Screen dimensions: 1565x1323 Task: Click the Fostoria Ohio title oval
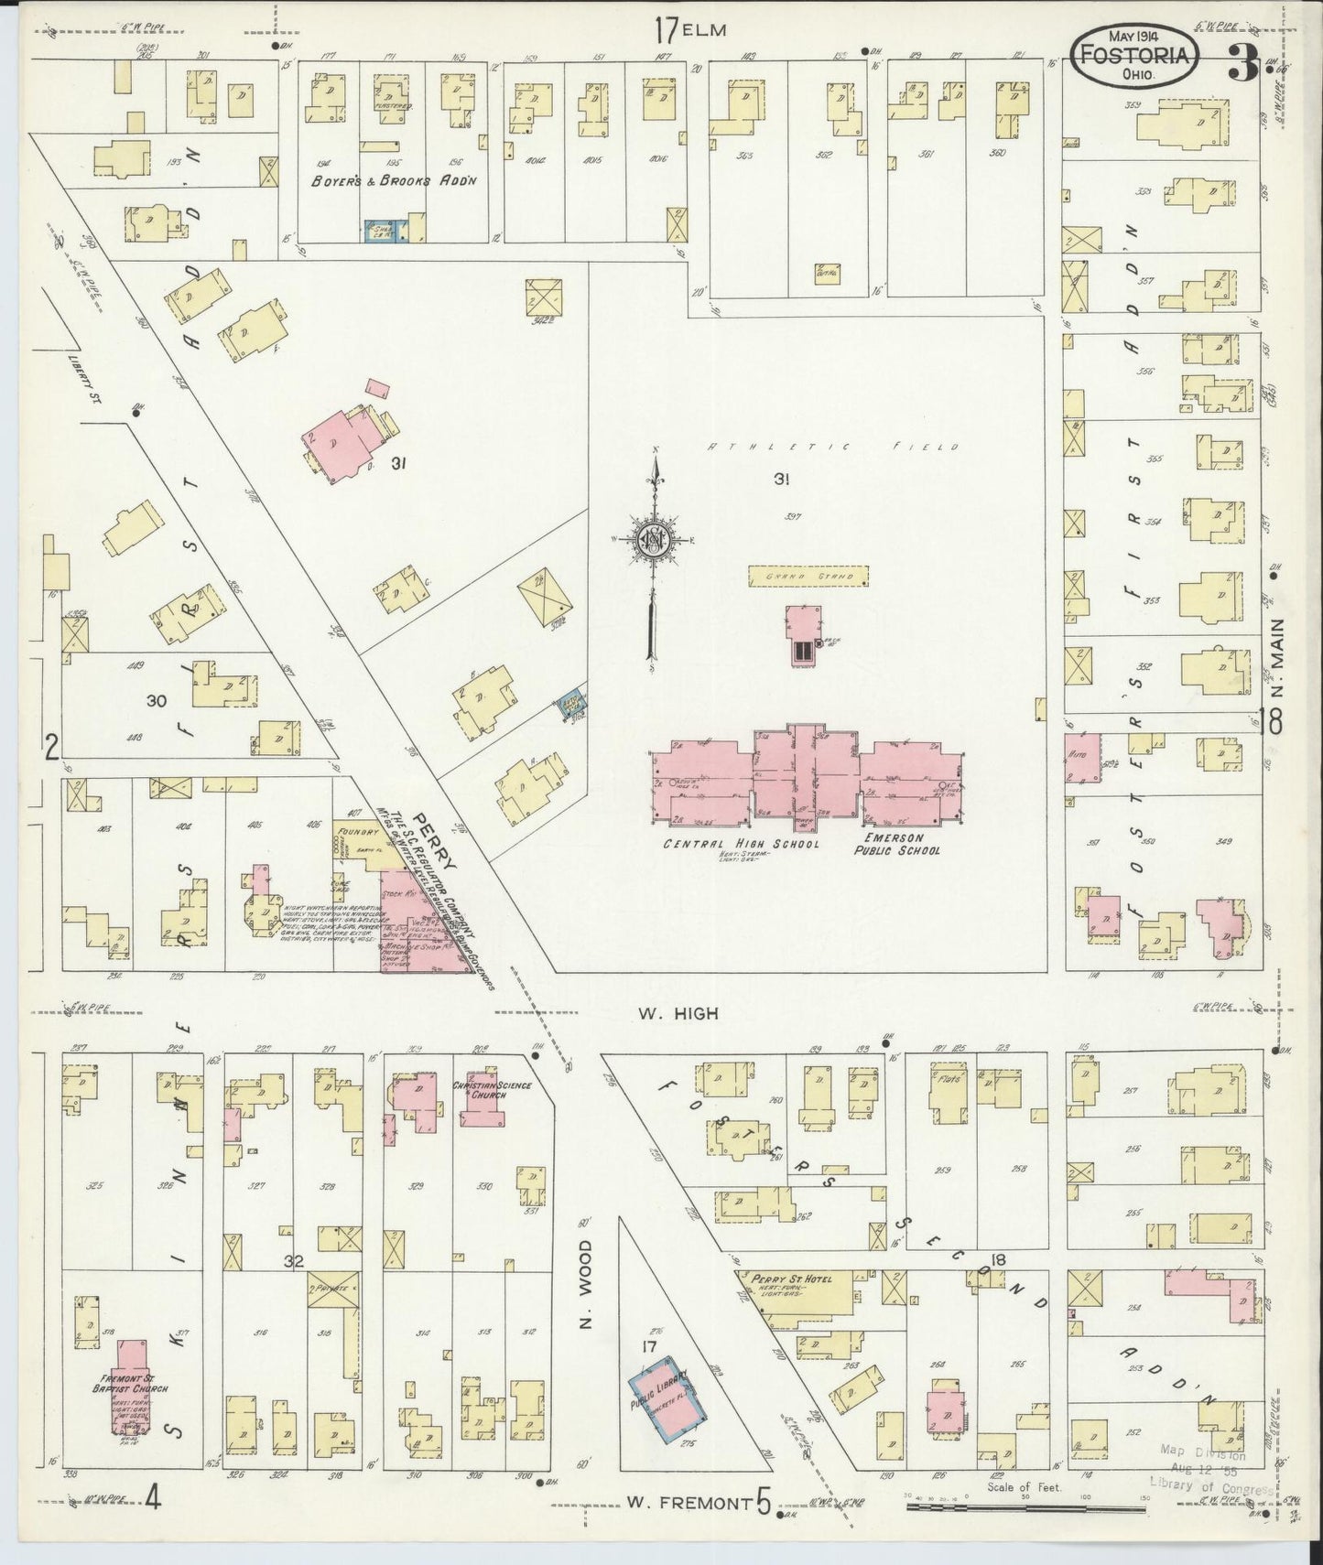tap(1134, 56)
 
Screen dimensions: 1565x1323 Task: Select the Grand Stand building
tap(808, 577)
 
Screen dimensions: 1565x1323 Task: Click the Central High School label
tap(741, 844)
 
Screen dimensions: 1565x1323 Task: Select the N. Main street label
tap(1276, 658)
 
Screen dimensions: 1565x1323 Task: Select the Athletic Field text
tap(833, 447)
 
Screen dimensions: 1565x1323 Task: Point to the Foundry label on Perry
tap(358, 831)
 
